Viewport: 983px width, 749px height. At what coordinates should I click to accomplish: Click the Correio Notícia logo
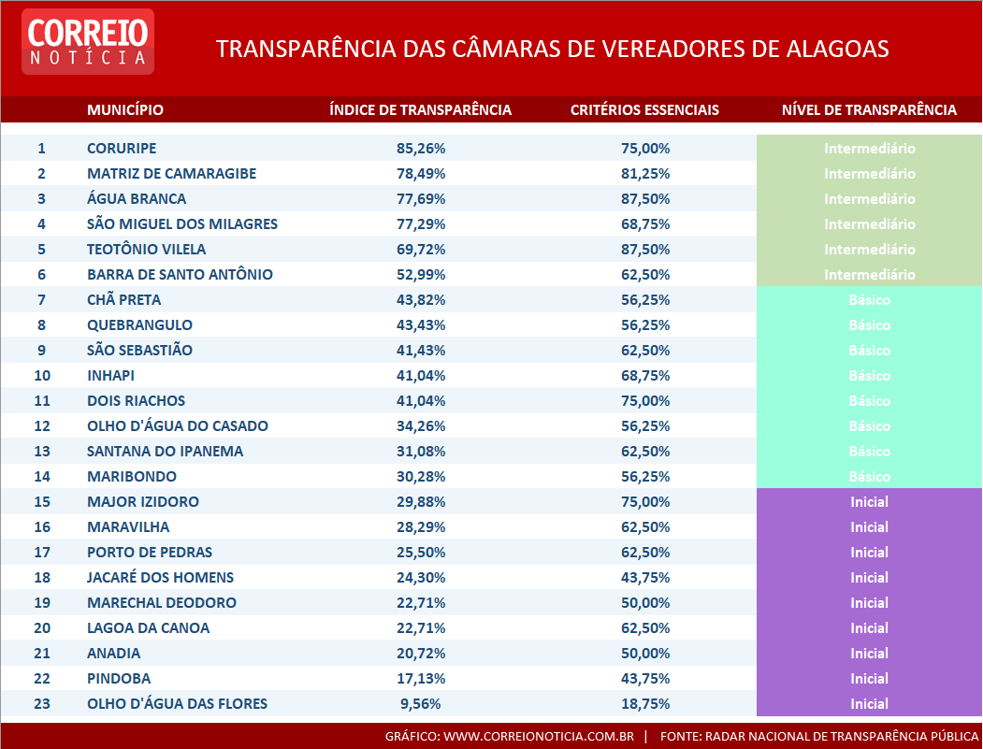(x=88, y=42)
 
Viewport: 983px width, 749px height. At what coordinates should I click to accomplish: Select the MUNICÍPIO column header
(x=124, y=110)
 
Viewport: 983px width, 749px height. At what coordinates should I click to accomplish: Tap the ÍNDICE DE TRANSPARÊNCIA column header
(x=420, y=110)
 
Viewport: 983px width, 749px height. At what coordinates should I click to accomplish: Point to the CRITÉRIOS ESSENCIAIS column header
(x=644, y=110)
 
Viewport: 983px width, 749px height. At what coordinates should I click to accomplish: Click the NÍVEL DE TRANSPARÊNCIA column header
(x=869, y=110)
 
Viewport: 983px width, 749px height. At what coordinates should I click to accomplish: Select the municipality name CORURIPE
(x=122, y=149)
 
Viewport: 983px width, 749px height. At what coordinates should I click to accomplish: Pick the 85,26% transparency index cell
(x=421, y=149)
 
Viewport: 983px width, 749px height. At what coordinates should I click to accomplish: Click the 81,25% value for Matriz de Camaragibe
(x=645, y=174)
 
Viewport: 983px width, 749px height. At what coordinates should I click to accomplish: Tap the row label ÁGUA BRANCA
(x=137, y=199)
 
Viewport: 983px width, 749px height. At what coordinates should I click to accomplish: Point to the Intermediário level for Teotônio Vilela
(x=869, y=250)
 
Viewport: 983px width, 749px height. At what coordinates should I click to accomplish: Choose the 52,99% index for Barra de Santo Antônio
(x=421, y=275)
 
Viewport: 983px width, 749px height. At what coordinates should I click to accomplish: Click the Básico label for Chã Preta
(x=869, y=300)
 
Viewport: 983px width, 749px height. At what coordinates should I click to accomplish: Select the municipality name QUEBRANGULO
(x=139, y=325)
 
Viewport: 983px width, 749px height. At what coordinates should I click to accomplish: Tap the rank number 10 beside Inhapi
(x=41, y=376)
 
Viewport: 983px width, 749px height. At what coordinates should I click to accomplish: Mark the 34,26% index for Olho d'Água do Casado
(x=421, y=426)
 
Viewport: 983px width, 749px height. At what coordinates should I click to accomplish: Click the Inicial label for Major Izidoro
(x=869, y=502)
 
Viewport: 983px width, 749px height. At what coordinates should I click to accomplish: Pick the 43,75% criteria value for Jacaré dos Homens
(x=645, y=578)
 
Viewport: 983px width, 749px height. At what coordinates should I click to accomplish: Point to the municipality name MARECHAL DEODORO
(x=162, y=603)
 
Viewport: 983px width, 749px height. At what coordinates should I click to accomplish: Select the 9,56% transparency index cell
(x=421, y=704)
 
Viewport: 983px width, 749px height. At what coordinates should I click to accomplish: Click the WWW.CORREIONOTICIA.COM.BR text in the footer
(x=538, y=737)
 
